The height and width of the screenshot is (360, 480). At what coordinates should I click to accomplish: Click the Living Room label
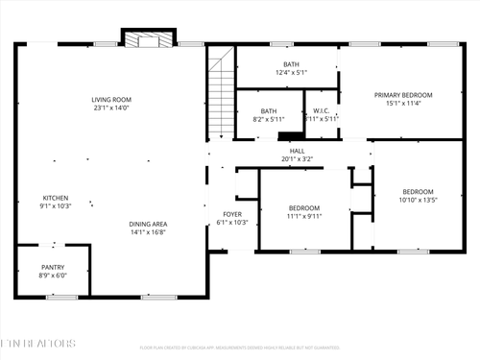coord(111,100)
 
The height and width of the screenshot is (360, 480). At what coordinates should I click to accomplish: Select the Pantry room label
coord(53,267)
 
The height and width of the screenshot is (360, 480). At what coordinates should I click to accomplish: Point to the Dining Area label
coord(148,225)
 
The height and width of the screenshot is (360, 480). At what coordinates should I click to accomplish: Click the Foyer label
coord(232,214)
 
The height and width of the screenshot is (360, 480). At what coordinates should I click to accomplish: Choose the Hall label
coord(298,151)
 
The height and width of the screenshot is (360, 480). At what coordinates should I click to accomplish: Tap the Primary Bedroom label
coord(403,95)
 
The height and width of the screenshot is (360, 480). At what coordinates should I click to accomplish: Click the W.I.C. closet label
coord(322,110)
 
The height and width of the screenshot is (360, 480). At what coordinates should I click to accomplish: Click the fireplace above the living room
coord(149,39)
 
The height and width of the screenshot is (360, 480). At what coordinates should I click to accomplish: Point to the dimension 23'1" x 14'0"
coord(111,108)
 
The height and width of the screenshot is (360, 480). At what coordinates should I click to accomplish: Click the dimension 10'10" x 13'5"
coord(418,200)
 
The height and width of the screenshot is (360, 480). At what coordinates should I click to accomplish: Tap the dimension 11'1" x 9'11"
coord(304,215)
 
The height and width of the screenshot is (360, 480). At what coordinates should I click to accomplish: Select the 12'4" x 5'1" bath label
coord(290,72)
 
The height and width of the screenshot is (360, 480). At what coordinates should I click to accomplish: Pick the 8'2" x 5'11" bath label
coord(269,119)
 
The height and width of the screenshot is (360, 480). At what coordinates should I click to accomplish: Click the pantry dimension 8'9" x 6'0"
coord(53,275)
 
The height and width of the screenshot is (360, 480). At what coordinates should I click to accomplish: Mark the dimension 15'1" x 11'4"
coord(403,104)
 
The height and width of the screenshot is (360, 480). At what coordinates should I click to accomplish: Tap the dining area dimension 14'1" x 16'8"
coord(148,232)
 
